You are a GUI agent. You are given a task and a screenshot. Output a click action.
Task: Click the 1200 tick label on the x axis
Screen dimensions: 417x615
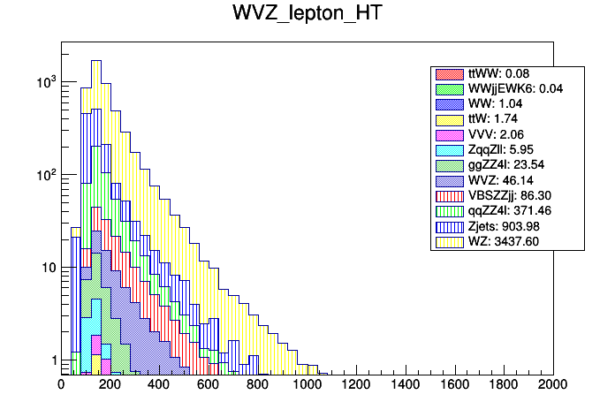(356, 384)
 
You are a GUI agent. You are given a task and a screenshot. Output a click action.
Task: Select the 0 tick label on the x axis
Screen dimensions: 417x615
(61, 384)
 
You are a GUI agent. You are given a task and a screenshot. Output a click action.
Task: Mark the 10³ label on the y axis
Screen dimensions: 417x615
(44, 82)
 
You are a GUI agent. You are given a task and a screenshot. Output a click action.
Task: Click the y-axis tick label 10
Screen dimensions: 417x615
(48, 268)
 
